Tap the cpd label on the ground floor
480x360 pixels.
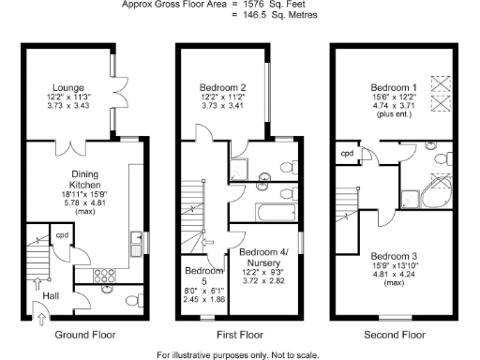click(64, 235)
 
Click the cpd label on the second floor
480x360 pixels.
click(346, 153)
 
